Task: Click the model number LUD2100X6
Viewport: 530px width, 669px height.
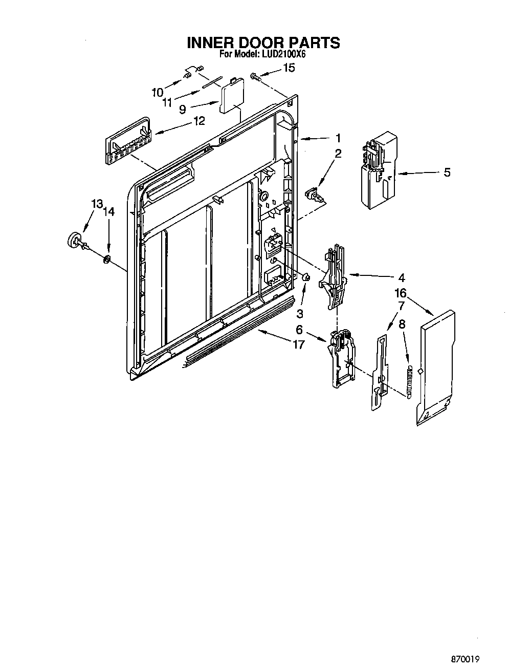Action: coord(284,54)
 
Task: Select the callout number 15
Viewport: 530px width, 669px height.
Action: coord(289,68)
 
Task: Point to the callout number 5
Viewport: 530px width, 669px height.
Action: coord(447,172)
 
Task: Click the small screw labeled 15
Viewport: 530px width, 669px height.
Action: coord(255,76)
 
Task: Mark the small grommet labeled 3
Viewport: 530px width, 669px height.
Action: coord(307,277)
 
